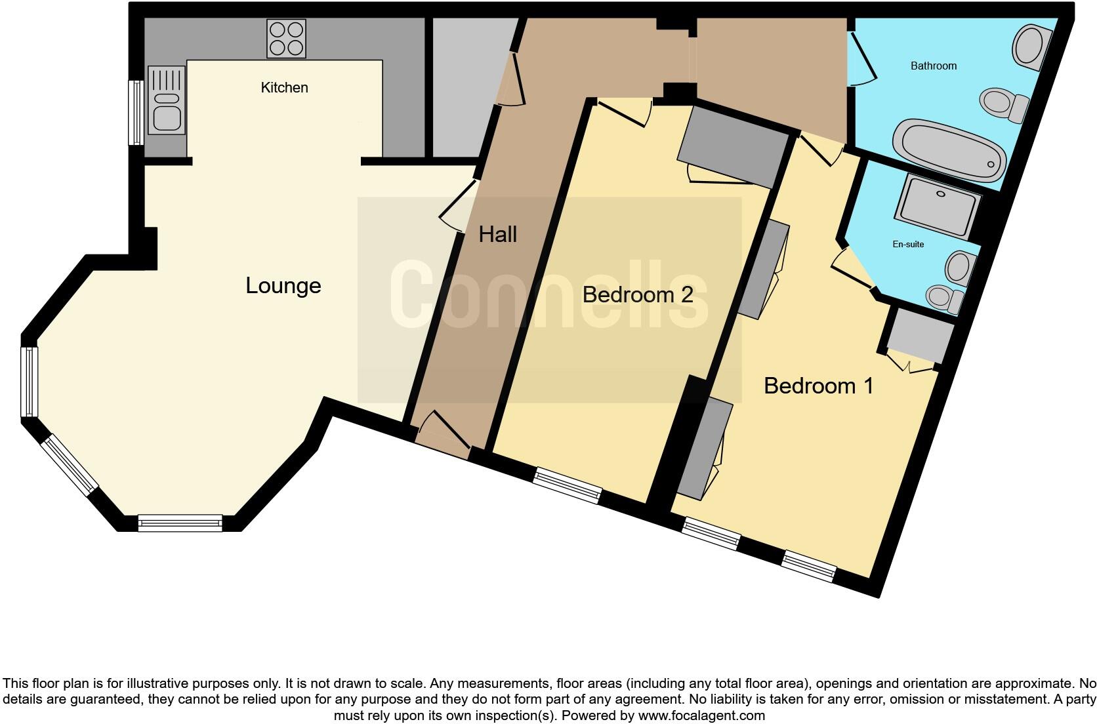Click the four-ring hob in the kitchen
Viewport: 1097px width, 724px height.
click(287, 39)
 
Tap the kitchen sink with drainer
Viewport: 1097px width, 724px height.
click(165, 100)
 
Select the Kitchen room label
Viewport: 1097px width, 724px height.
click(284, 88)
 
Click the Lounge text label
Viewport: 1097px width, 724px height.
click(283, 286)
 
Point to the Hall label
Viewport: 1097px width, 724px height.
click(497, 235)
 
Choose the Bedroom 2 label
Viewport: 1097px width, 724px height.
click(637, 295)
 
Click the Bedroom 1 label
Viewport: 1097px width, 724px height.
click(818, 386)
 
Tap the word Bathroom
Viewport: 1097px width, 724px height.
click(933, 66)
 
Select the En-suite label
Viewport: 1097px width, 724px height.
click(908, 245)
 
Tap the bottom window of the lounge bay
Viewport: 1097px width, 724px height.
click(180, 523)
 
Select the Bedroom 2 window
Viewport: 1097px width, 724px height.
click(567, 486)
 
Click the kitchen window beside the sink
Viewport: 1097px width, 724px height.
click(135, 112)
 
